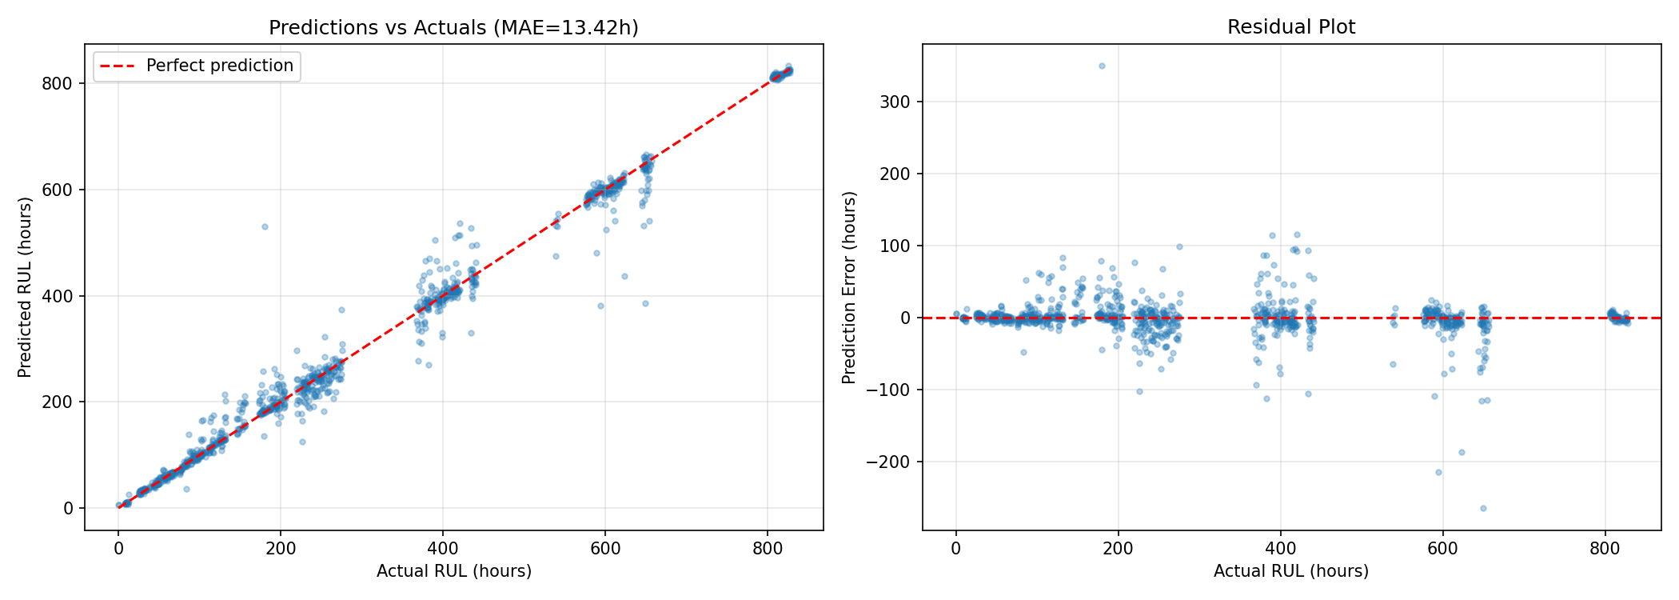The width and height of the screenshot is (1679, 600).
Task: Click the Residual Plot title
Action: point(1291,27)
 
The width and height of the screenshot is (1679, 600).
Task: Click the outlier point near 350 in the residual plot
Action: point(1102,66)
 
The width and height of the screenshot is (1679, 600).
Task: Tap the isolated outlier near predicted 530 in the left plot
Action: point(265,226)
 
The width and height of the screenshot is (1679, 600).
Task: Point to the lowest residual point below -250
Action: point(1483,508)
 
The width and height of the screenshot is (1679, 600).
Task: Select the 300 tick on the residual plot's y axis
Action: point(899,102)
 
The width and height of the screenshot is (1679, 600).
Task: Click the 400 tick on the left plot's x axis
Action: point(443,549)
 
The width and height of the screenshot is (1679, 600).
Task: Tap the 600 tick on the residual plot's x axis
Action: point(1442,549)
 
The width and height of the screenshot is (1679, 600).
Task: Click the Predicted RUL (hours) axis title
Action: point(26,287)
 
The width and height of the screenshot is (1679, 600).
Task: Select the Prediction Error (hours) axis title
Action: point(849,287)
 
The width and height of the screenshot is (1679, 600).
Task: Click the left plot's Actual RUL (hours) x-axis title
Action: point(453,571)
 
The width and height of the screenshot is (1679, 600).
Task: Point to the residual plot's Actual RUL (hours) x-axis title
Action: point(1290,571)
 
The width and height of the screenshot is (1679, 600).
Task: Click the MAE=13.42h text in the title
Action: point(566,28)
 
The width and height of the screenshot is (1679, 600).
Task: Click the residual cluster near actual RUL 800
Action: point(1616,317)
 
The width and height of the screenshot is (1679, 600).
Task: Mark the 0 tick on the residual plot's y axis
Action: point(907,318)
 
